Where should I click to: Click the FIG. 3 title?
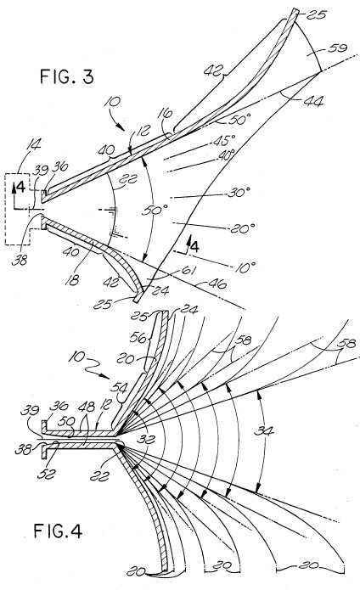tap(66, 76)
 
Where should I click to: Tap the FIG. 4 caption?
tap(58, 531)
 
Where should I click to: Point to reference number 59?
tap(338, 49)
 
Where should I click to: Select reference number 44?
tap(312, 101)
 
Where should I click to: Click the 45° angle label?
tap(226, 140)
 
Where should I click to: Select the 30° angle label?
tap(239, 193)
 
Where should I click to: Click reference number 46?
tap(216, 284)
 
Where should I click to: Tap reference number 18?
tap(73, 279)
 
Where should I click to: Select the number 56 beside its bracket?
tap(138, 338)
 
